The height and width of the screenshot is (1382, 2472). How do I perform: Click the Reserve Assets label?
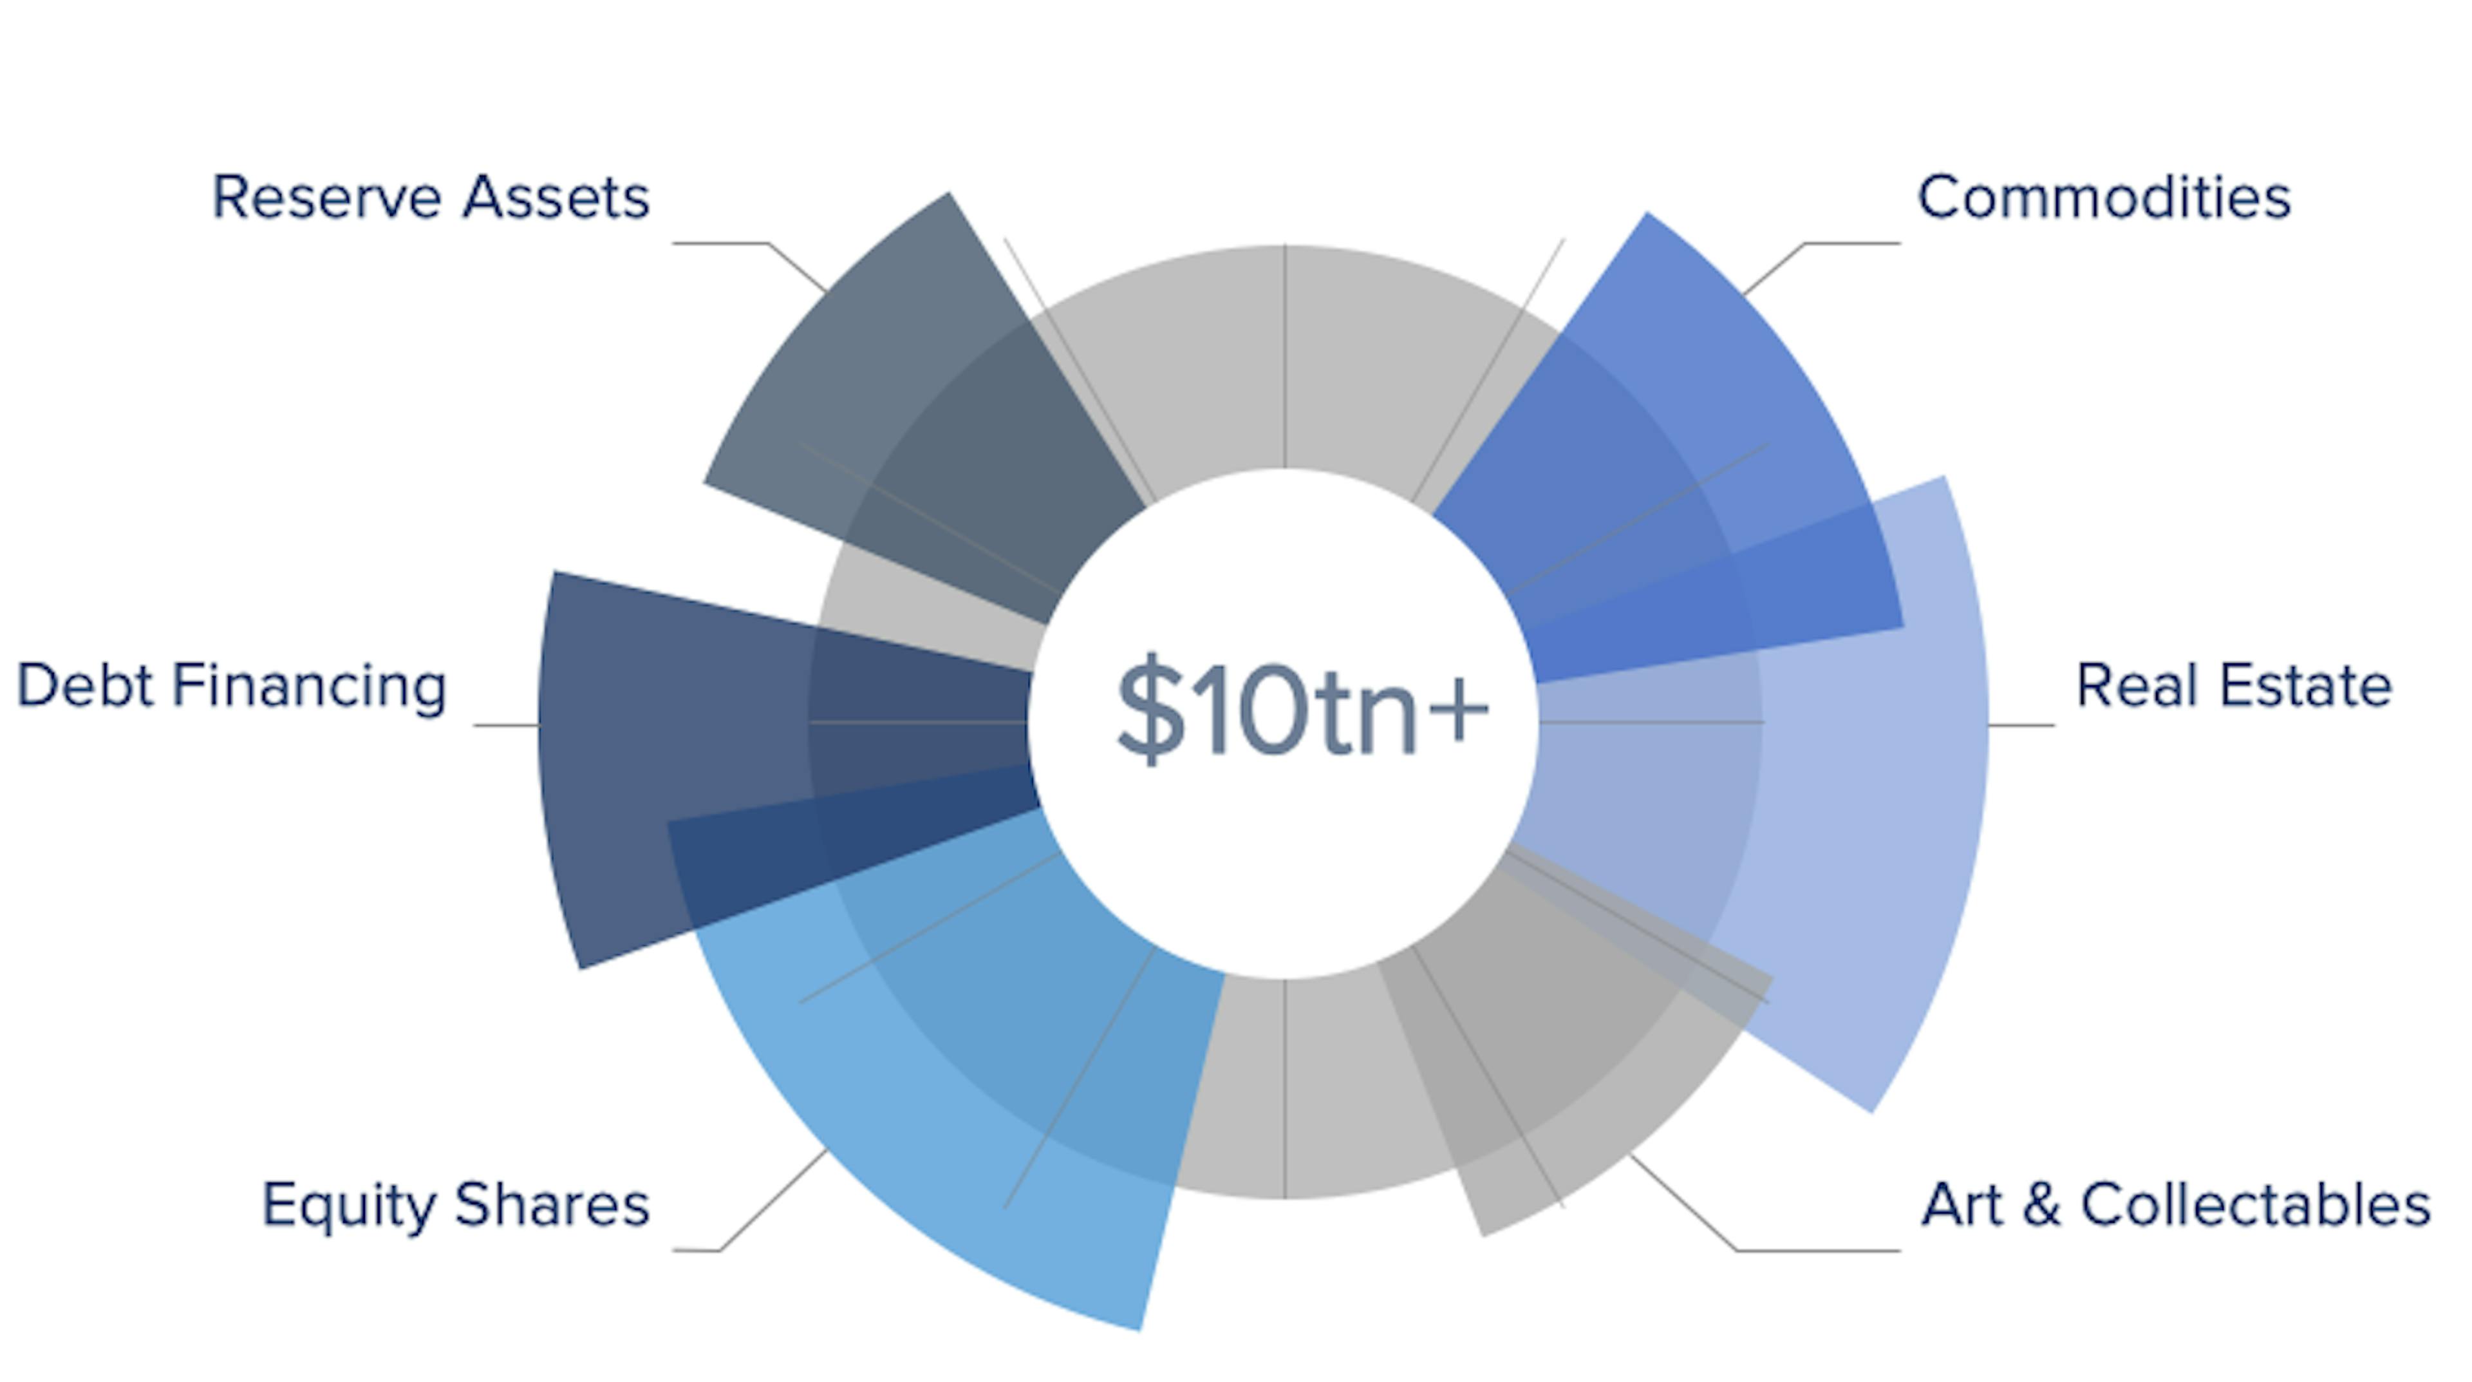pyautogui.click(x=430, y=198)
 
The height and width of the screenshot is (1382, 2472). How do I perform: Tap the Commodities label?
pyautogui.click(x=2104, y=198)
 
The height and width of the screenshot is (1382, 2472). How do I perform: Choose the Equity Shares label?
pyautogui.click(x=456, y=1206)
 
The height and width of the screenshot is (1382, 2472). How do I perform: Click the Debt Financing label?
pyautogui.click(x=231, y=687)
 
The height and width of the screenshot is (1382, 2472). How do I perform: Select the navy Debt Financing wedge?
pyautogui.click(x=768, y=758)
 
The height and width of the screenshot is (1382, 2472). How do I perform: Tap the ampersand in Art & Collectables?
pyautogui.click(x=2042, y=1206)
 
